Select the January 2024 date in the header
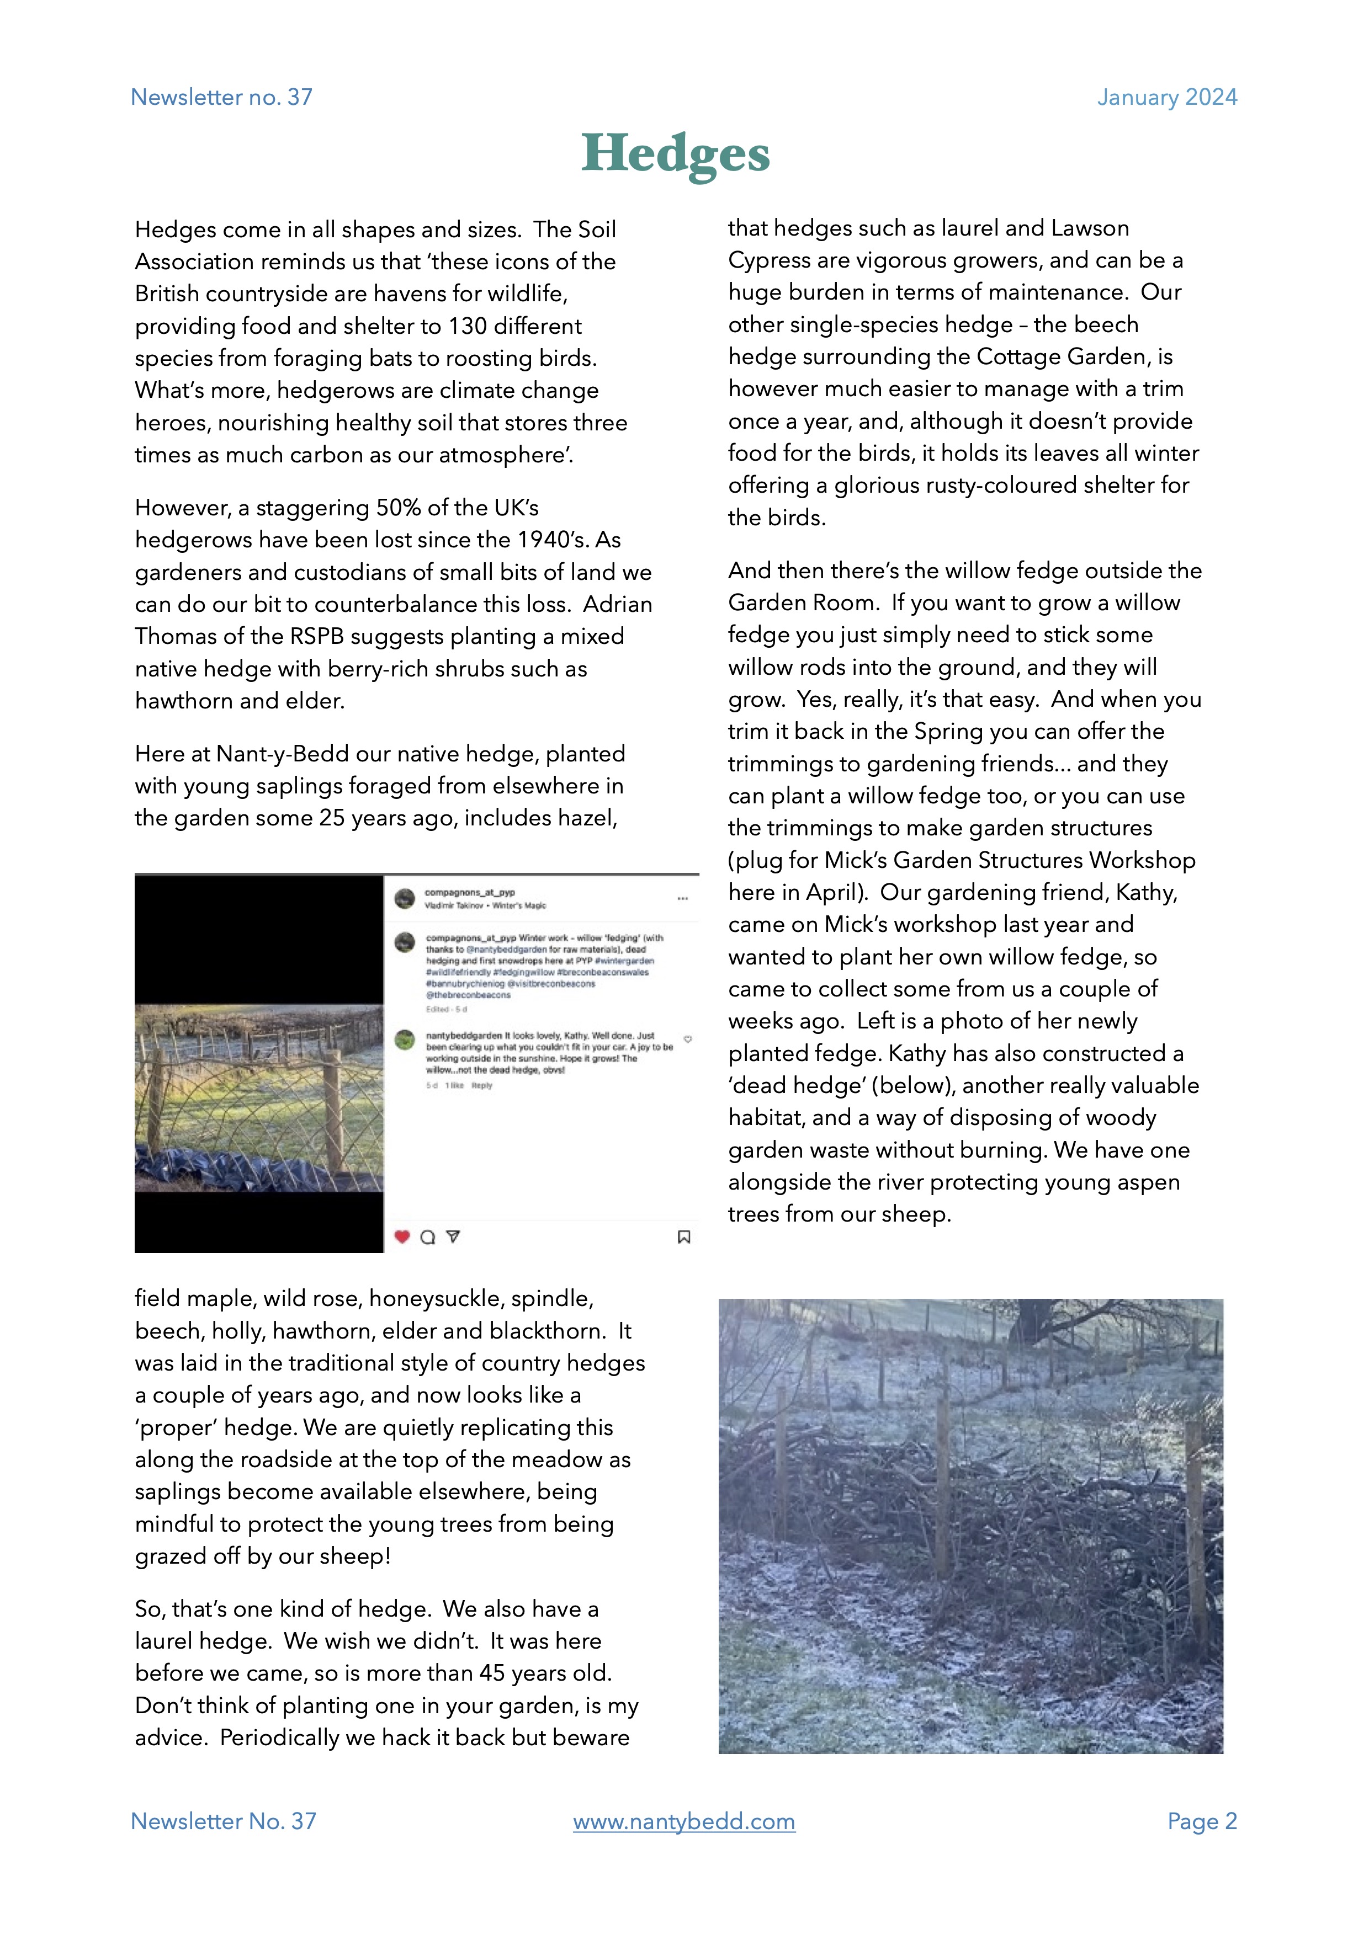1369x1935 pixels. pyautogui.click(x=1166, y=97)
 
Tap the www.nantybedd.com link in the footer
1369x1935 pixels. pyautogui.click(x=683, y=1821)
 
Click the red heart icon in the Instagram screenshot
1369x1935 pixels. pyautogui.click(x=402, y=1236)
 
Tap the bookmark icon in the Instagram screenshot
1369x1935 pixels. pyautogui.click(x=683, y=1236)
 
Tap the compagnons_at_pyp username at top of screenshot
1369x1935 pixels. pyautogui.click(x=470, y=892)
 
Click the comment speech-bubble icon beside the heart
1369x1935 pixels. pyautogui.click(x=427, y=1236)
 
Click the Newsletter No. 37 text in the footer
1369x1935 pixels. pyautogui.click(x=224, y=1821)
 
